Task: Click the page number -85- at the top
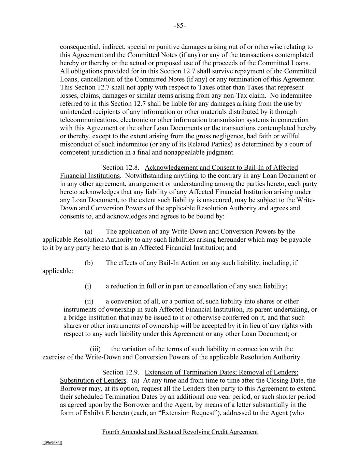pos(180,26)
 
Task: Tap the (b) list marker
pos(89,263)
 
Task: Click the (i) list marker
pos(88,286)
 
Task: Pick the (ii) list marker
pos(89,301)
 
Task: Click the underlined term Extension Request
pos(188,413)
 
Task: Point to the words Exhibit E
pos(89,413)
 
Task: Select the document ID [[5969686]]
pos(52,443)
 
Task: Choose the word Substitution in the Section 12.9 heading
pos(76,381)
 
